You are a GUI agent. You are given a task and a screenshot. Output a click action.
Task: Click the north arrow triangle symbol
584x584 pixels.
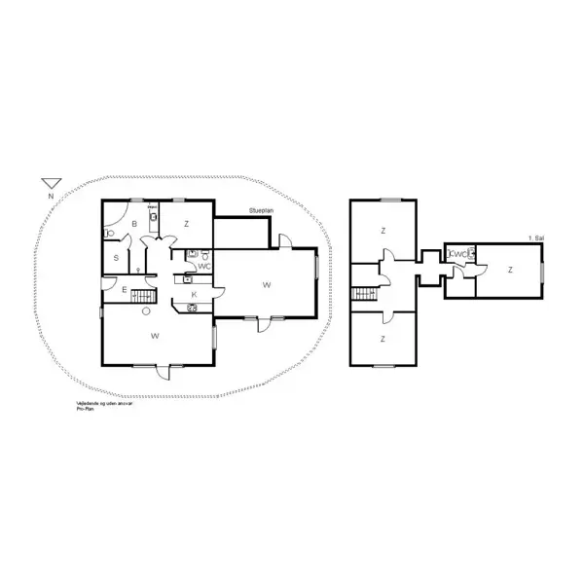pos(51,182)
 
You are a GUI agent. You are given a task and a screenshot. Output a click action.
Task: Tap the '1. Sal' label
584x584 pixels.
pos(534,237)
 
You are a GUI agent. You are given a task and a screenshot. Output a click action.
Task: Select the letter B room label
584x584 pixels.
pos(133,223)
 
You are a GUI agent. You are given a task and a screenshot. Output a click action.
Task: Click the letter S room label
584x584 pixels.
pos(116,257)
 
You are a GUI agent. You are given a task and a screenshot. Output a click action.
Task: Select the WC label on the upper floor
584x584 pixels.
pos(457,254)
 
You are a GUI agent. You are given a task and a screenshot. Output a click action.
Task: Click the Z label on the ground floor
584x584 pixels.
pos(185,223)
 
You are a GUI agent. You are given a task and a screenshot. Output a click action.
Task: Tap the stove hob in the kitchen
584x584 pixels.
pos(192,309)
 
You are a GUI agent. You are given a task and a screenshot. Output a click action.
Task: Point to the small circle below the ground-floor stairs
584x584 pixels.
pos(145,311)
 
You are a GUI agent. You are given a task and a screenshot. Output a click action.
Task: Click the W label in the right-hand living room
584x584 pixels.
pos(265,284)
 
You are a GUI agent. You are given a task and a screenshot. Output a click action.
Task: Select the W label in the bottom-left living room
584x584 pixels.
pos(155,335)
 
